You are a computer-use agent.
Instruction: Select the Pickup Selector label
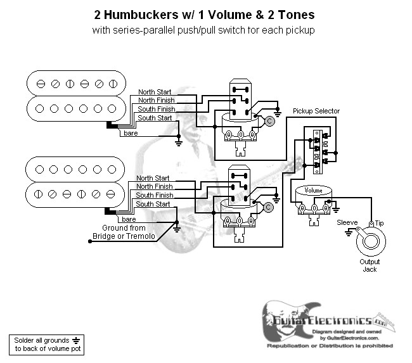[316, 111]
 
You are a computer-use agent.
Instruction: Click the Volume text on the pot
[314, 189]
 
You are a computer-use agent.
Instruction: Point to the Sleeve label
[347, 223]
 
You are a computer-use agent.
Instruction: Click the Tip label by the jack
[379, 223]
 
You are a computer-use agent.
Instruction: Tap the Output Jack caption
[370, 265]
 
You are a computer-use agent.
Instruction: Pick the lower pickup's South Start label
[153, 204]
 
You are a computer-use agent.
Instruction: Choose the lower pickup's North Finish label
[153, 186]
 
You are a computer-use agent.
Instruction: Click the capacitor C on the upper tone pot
[269, 120]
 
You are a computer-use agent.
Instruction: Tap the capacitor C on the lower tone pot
[269, 207]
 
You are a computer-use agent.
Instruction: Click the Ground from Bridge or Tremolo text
[124, 232]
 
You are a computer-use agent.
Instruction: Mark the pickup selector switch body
[319, 150]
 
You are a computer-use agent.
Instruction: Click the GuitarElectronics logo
[323, 320]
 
